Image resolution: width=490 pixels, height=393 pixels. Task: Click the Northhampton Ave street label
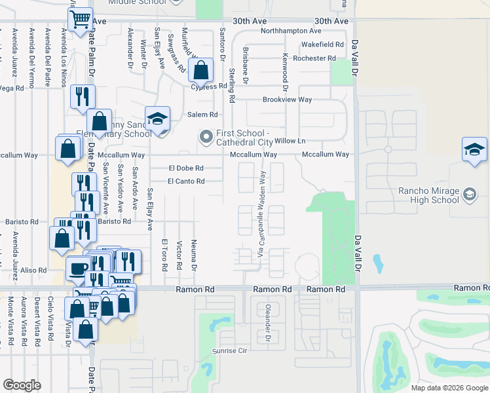click(291, 31)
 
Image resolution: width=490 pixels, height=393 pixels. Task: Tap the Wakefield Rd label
click(322, 45)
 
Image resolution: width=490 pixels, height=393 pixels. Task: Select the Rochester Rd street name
click(314, 58)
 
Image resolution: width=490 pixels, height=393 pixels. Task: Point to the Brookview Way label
click(287, 100)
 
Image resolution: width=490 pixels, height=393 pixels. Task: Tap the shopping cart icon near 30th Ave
click(80, 20)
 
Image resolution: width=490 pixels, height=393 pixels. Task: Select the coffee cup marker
click(79, 268)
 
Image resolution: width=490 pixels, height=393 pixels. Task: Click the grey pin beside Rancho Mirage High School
click(469, 194)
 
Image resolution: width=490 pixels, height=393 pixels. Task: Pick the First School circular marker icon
click(206, 137)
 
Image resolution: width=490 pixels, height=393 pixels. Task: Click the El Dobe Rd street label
click(186, 168)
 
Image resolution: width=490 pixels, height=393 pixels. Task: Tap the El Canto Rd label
click(186, 181)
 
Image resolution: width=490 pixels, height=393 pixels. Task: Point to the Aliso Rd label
click(33, 270)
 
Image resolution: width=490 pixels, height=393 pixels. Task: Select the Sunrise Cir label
click(229, 351)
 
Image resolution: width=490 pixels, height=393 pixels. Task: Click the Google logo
click(22, 385)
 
